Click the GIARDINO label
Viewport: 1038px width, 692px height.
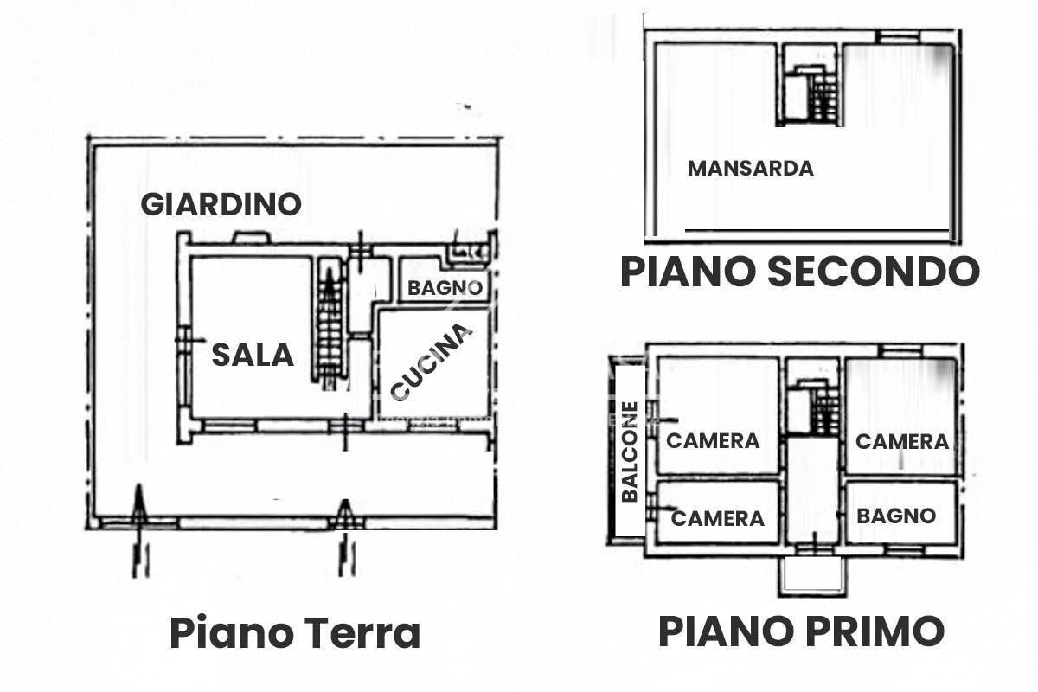[x=221, y=204]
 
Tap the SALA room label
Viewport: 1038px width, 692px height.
[x=253, y=355]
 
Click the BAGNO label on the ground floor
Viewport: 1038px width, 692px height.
[x=445, y=288]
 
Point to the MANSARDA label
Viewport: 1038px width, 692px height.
[x=750, y=169]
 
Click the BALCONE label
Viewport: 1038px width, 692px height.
[x=630, y=452]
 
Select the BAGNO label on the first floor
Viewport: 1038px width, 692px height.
[x=896, y=516]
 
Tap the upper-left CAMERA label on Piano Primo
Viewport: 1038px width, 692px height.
[x=713, y=440]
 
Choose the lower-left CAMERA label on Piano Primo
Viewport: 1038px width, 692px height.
[x=718, y=518]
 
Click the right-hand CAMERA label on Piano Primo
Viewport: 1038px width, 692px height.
[x=902, y=441]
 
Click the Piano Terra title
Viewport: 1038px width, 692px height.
[x=295, y=633]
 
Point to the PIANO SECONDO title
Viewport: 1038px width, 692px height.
[x=799, y=272]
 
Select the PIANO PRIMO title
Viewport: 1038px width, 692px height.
[x=801, y=631]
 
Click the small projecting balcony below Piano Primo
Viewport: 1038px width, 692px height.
[x=811, y=574]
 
